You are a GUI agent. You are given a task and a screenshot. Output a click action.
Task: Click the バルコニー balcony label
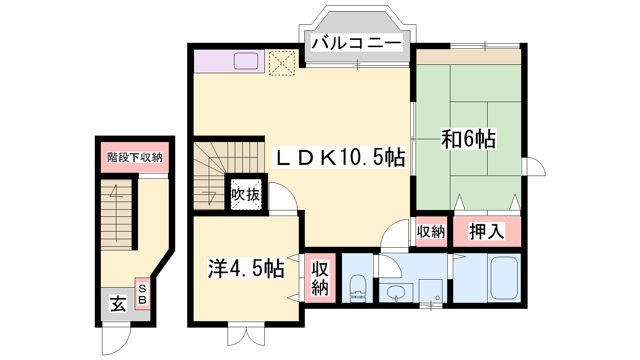[x=357, y=43]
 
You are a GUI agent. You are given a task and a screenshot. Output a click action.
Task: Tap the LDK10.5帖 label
[x=340, y=157]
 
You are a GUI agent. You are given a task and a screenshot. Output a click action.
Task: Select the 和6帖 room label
[x=468, y=139]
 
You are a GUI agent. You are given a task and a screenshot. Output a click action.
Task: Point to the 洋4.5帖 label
[x=246, y=268]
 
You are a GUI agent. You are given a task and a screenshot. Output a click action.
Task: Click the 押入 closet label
[x=486, y=231]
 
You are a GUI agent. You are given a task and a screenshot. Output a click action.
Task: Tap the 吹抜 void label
[x=246, y=194]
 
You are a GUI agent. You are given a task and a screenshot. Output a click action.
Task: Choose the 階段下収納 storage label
[x=134, y=157]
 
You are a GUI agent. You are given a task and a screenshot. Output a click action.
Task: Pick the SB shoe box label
[x=142, y=294]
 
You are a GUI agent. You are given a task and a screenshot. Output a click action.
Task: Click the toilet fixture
[x=358, y=288]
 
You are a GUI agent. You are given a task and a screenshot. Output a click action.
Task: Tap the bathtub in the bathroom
[x=504, y=278]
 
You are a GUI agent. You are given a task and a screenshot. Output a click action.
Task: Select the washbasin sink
[x=396, y=292]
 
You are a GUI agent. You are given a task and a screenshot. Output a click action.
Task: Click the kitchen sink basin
[x=246, y=61]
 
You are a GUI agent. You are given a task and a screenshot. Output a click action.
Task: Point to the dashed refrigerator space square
[x=282, y=63]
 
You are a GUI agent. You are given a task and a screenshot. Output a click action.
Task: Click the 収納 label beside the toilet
[x=320, y=278]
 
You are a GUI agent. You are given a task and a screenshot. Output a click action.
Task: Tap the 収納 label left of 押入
[x=431, y=232]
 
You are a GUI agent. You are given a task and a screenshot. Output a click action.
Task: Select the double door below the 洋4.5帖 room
[x=246, y=336]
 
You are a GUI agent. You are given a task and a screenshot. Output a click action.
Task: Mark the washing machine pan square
[x=430, y=291]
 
